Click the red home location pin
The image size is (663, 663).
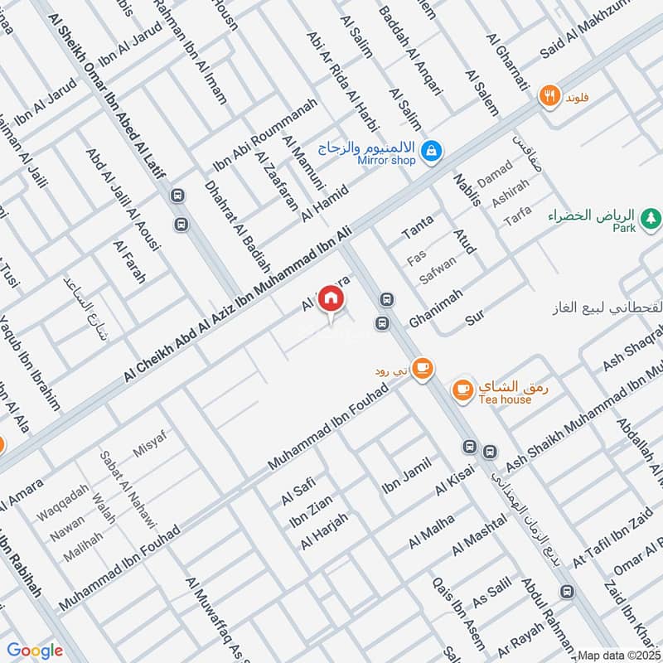(331, 298)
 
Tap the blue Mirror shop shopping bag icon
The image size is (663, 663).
(431, 151)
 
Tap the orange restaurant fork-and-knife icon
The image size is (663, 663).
(548, 96)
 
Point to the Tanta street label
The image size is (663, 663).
(418, 226)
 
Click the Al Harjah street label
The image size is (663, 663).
(324, 530)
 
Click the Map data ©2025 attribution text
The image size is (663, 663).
(619, 655)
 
